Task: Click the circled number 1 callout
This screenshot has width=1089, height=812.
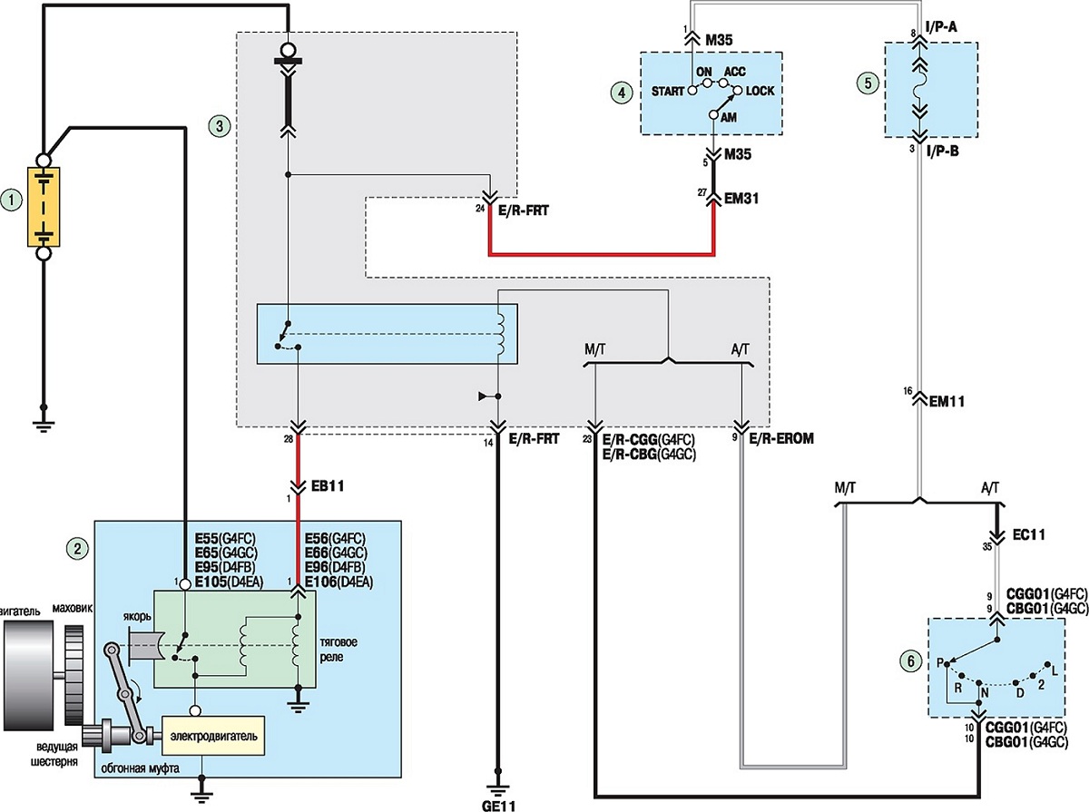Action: pyautogui.click(x=12, y=201)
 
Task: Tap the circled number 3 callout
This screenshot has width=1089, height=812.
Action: pyautogui.click(x=220, y=126)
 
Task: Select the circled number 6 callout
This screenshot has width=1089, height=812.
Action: pyautogui.click(x=910, y=661)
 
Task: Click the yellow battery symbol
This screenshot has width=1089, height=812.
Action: pyautogui.click(x=44, y=206)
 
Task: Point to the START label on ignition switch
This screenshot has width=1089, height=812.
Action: pyautogui.click(x=667, y=92)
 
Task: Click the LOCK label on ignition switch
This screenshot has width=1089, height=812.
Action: pyautogui.click(x=760, y=91)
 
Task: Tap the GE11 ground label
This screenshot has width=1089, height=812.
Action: pyautogui.click(x=498, y=806)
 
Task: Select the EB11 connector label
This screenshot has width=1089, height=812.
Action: pyautogui.click(x=327, y=485)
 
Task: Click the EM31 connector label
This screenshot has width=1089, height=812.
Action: pyautogui.click(x=741, y=199)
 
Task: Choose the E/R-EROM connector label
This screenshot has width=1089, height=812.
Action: pyautogui.click(x=781, y=438)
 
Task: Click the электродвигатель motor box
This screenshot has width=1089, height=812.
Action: pyautogui.click(x=213, y=736)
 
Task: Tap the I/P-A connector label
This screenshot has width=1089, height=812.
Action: pyautogui.click(x=941, y=27)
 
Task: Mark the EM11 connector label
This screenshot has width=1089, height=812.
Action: pyautogui.click(x=947, y=401)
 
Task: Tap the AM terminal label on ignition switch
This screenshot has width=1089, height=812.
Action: pyautogui.click(x=729, y=118)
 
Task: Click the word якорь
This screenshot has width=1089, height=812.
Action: pyautogui.click(x=137, y=617)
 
